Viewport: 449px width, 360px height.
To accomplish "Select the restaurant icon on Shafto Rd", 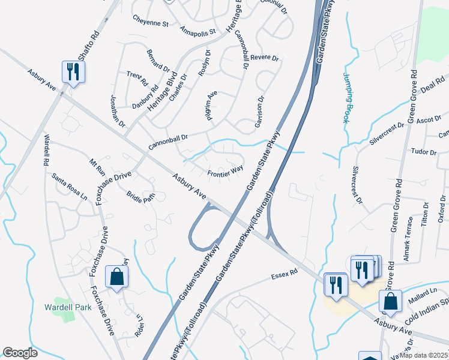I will pos(73,72).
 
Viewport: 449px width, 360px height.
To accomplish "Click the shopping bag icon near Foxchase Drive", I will pos(116,277).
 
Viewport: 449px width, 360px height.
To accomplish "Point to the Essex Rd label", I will pos(285,275).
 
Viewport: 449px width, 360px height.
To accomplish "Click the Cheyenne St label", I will pos(150,24).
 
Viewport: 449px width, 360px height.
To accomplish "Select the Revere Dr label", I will pos(265,58).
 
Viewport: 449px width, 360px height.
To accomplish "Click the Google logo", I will pos(20,353).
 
